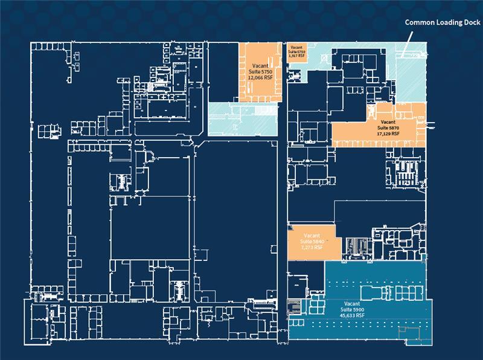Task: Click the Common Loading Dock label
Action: click(x=442, y=23)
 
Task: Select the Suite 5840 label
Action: click(x=313, y=241)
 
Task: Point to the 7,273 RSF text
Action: click(x=313, y=247)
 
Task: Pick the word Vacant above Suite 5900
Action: click(x=353, y=303)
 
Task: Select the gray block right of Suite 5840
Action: click(x=356, y=246)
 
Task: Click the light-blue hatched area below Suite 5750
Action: click(x=241, y=118)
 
